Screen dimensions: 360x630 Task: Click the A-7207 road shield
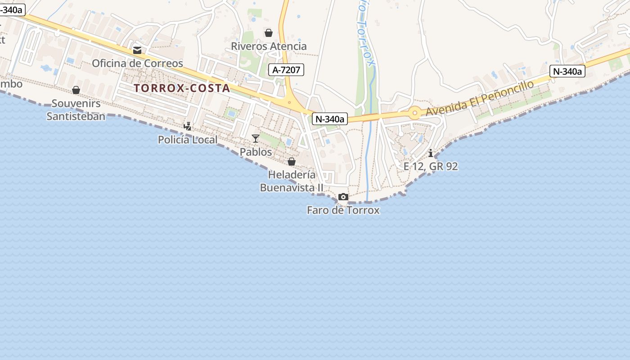click(287, 70)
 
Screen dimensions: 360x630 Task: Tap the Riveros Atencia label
click(269, 46)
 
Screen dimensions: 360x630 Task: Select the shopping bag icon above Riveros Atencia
click(269, 33)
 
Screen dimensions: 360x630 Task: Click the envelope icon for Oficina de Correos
click(137, 50)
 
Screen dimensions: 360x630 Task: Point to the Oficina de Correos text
click(137, 63)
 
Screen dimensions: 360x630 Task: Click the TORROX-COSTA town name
click(182, 88)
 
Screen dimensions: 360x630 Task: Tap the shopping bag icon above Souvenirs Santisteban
click(76, 90)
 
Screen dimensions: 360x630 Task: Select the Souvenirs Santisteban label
click(76, 110)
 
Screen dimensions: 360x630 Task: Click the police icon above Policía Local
click(188, 126)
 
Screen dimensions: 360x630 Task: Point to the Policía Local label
click(188, 140)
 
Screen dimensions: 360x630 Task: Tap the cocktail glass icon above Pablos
click(256, 138)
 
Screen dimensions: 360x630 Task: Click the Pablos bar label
click(256, 152)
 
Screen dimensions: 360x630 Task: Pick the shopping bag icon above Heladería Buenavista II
click(292, 162)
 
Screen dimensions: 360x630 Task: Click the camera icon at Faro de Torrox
click(343, 197)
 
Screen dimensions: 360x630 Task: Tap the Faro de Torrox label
click(343, 210)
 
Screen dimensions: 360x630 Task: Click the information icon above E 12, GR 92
click(431, 153)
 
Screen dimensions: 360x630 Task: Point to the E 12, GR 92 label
click(431, 166)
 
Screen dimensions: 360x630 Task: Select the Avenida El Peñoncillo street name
click(480, 98)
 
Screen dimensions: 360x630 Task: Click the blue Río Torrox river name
click(365, 34)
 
